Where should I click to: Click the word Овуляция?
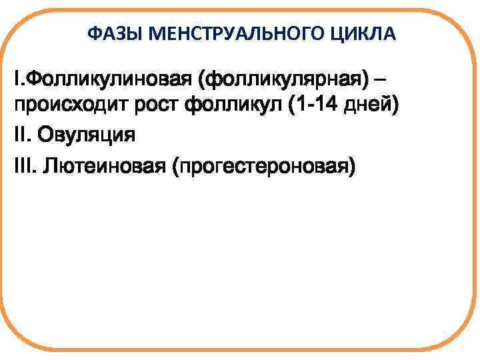(x=86, y=135)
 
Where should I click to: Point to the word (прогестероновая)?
(x=263, y=163)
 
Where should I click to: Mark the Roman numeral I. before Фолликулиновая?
(x=18, y=81)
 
